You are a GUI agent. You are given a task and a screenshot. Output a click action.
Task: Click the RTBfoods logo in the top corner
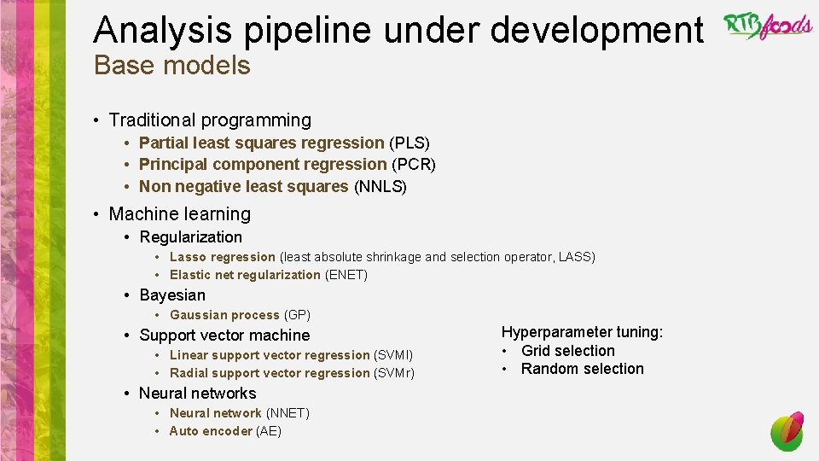[x=768, y=26]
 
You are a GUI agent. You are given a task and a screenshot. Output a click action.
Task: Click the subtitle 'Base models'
[x=171, y=65]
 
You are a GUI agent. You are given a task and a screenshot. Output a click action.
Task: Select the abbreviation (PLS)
[x=409, y=143]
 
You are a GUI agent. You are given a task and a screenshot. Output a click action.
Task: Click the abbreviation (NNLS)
[x=380, y=186]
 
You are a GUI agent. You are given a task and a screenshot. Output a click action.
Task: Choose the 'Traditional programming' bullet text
[x=210, y=120]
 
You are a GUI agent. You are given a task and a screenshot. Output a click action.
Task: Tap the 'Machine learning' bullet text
[x=180, y=213]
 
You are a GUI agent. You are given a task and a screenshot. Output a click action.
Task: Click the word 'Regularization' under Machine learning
[x=190, y=236]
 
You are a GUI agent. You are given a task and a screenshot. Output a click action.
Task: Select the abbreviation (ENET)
[x=346, y=275]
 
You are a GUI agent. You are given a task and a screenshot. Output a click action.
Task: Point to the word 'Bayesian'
[x=172, y=295]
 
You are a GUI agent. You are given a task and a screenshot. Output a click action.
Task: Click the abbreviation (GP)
[x=297, y=315]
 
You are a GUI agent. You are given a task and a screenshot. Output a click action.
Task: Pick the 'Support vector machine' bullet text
[x=224, y=335]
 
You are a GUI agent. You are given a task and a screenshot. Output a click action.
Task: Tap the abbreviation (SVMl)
[x=393, y=355]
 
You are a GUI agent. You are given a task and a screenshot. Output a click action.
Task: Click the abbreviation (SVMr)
[x=394, y=373]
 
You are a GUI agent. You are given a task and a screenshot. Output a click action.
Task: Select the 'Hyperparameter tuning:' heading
[x=582, y=332]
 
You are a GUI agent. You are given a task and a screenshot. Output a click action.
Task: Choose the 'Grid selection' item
[x=567, y=351]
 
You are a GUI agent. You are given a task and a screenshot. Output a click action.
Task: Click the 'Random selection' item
[x=582, y=369]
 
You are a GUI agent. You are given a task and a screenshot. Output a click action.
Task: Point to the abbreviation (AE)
[x=269, y=431]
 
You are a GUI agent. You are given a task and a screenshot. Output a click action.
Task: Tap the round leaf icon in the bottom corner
[x=787, y=431]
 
